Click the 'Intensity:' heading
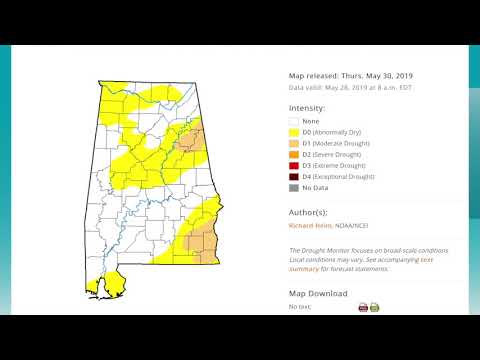click(x=307, y=107)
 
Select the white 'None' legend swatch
click(x=295, y=121)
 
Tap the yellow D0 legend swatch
click(x=295, y=132)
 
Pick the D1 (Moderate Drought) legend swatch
click(x=295, y=143)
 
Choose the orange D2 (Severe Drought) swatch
click(x=295, y=154)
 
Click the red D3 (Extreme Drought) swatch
click(x=295, y=165)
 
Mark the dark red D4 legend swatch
click(x=295, y=176)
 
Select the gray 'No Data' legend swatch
click(x=295, y=187)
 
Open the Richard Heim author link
click(x=311, y=226)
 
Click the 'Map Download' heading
click(x=318, y=293)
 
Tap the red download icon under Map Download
click(x=363, y=307)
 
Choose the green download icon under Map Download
click(x=375, y=307)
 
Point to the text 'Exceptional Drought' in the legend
click(x=346, y=176)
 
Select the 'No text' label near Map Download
click(x=300, y=307)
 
